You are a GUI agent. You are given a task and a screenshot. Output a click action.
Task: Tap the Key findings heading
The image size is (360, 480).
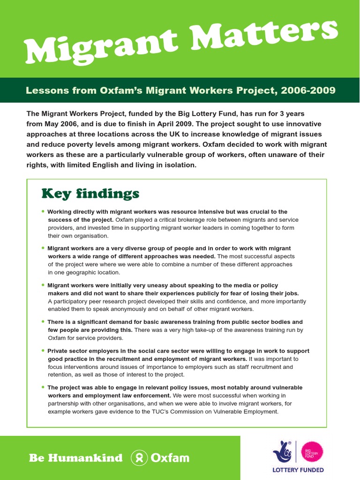tap(90, 194)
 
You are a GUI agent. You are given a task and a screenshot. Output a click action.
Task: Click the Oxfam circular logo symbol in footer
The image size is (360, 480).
tap(140, 458)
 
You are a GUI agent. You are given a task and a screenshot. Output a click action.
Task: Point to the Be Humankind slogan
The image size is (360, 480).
tap(75, 458)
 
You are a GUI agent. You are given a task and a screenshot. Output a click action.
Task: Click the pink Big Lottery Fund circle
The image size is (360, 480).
tap(312, 452)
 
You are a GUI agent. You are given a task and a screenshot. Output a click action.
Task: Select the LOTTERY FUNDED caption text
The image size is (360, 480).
tap(298, 470)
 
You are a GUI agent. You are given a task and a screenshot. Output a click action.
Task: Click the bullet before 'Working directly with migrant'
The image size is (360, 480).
tap(43, 211)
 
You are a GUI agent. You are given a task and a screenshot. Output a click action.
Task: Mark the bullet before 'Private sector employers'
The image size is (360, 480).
tap(43, 351)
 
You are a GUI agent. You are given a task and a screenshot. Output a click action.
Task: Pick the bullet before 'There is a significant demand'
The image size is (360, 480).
tap(43, 322)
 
